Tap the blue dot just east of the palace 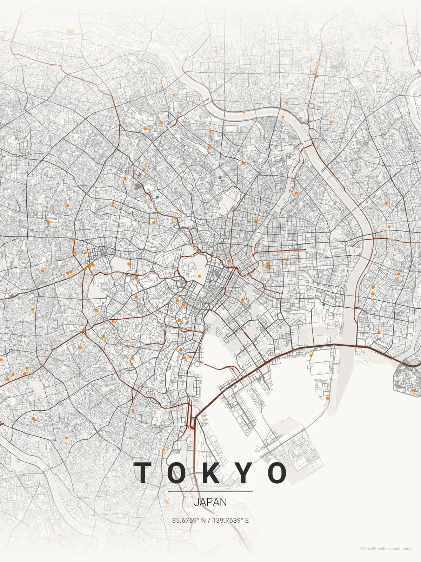(210, 282)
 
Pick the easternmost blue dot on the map (324, 305)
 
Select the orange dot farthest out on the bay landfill (328, 398)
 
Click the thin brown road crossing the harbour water (218, 367)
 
